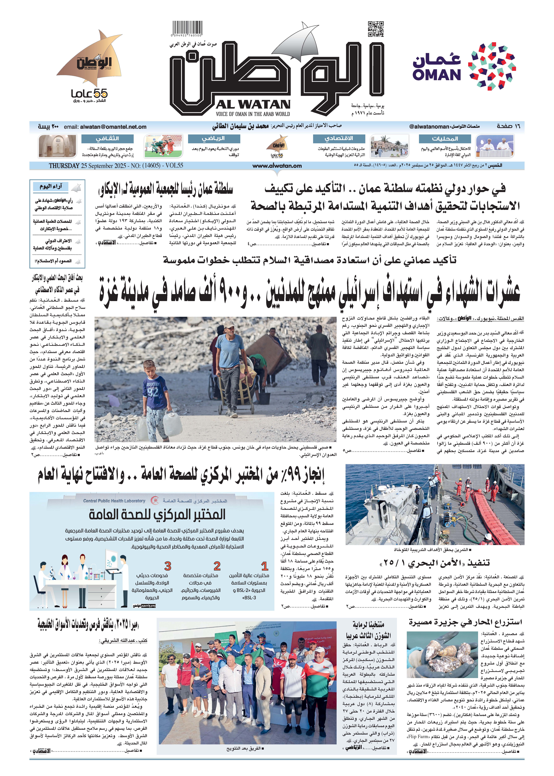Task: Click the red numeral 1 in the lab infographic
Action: click(265, 566)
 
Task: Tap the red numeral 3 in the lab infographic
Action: click(167, 566)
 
